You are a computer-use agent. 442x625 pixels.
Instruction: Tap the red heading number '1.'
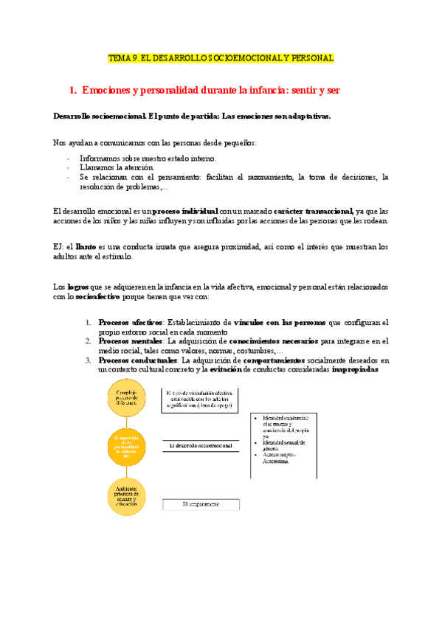tap(72, 91)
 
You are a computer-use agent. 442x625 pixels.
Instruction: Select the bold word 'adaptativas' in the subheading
tap(304, 116)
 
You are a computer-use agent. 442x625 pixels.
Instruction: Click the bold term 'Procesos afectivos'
tap(131, 322)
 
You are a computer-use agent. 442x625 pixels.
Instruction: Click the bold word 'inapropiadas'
tap(356, 370)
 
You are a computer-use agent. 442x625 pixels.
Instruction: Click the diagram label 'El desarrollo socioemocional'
tap(201, 446)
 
